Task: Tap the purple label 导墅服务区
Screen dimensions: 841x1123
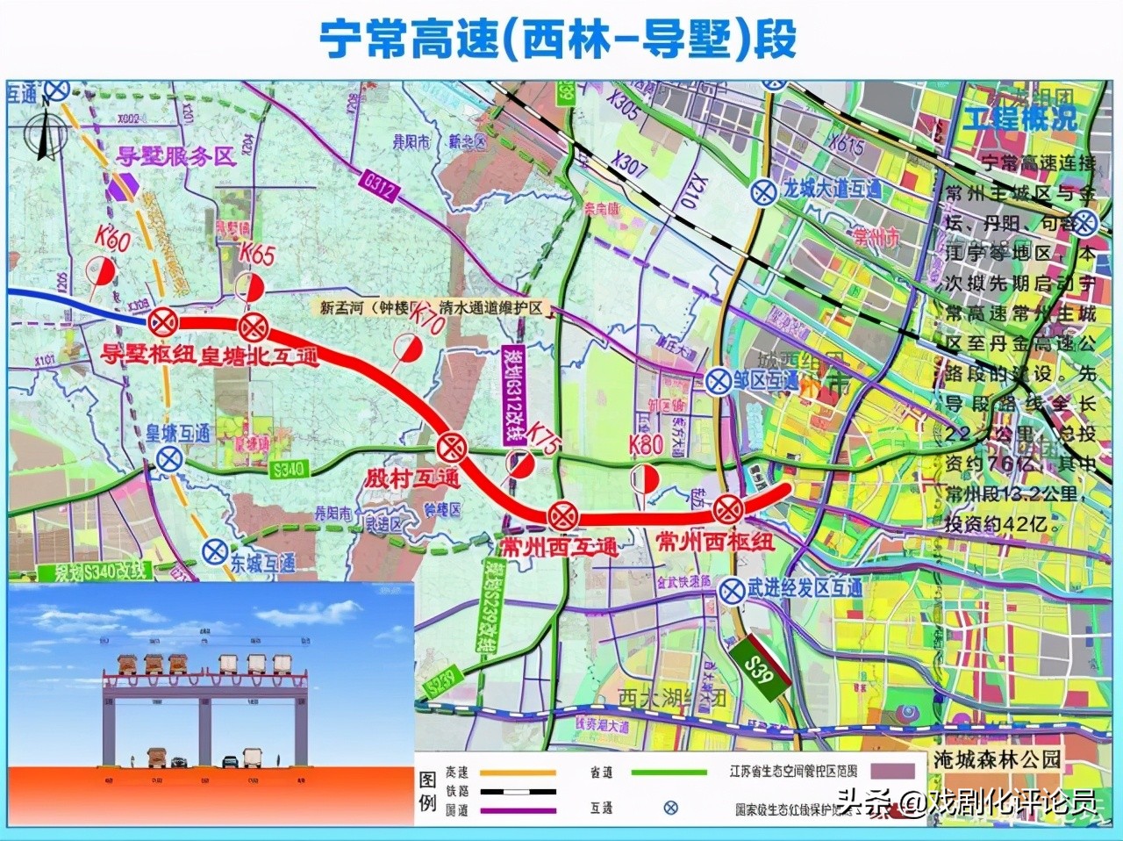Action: (x=176, y=156)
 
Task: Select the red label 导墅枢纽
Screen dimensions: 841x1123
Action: (x=148, y=355)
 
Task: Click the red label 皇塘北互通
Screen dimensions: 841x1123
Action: (x=260, y=356)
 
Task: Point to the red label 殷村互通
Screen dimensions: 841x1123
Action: (x=412, y=478)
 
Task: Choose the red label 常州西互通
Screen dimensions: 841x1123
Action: (x=558, y=546)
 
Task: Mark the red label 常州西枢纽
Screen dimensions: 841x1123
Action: (x=715, y=541)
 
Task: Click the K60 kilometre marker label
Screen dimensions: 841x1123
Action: (x=113, y=238)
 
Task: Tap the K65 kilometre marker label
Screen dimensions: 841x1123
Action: (x=257, y=255)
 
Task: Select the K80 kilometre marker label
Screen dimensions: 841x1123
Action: (x=646, y=445)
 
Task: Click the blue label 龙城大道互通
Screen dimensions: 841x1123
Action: (x=832, y=190)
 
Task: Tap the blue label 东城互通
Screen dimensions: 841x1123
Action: (x=262, y=562)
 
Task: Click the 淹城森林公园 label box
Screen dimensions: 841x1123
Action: (x=997, y=759)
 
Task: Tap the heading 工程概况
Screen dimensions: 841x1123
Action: (x=1019, y=119)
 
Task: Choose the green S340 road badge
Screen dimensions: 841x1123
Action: (x=289, y=470)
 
